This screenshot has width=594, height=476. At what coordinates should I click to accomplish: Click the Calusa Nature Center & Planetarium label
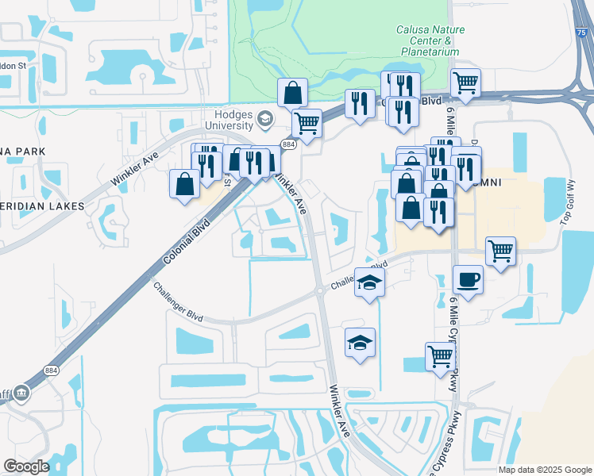[430, 40]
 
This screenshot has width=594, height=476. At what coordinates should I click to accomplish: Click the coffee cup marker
[469, 280]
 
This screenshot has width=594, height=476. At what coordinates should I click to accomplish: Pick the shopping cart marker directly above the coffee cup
[500, 252]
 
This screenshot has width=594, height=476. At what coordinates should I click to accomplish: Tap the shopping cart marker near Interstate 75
[465, 83]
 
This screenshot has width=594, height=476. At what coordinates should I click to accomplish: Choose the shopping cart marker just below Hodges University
[307, 124]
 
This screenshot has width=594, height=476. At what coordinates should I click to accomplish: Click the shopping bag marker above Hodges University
[293, 93]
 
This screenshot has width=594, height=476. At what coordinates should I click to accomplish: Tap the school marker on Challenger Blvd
[369, 282]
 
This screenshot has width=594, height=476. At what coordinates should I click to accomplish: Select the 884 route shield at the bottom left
[52, 370]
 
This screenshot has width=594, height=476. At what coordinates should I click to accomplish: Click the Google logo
[26, 466]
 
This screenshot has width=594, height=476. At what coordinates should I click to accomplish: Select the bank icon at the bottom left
[21, 392]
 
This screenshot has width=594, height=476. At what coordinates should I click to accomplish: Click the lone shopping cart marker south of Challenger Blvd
[439, 356]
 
